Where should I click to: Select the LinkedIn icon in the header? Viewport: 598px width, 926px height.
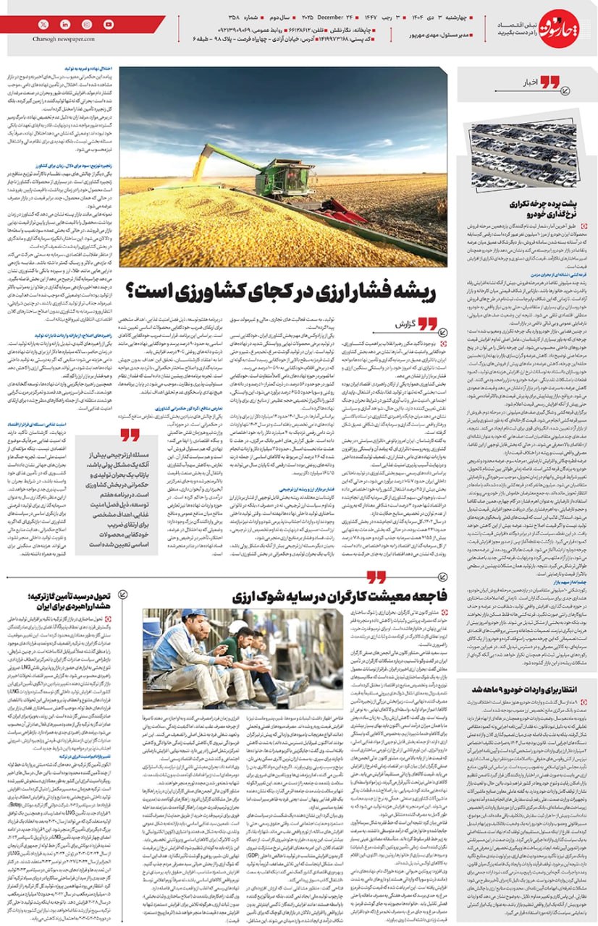66,24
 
